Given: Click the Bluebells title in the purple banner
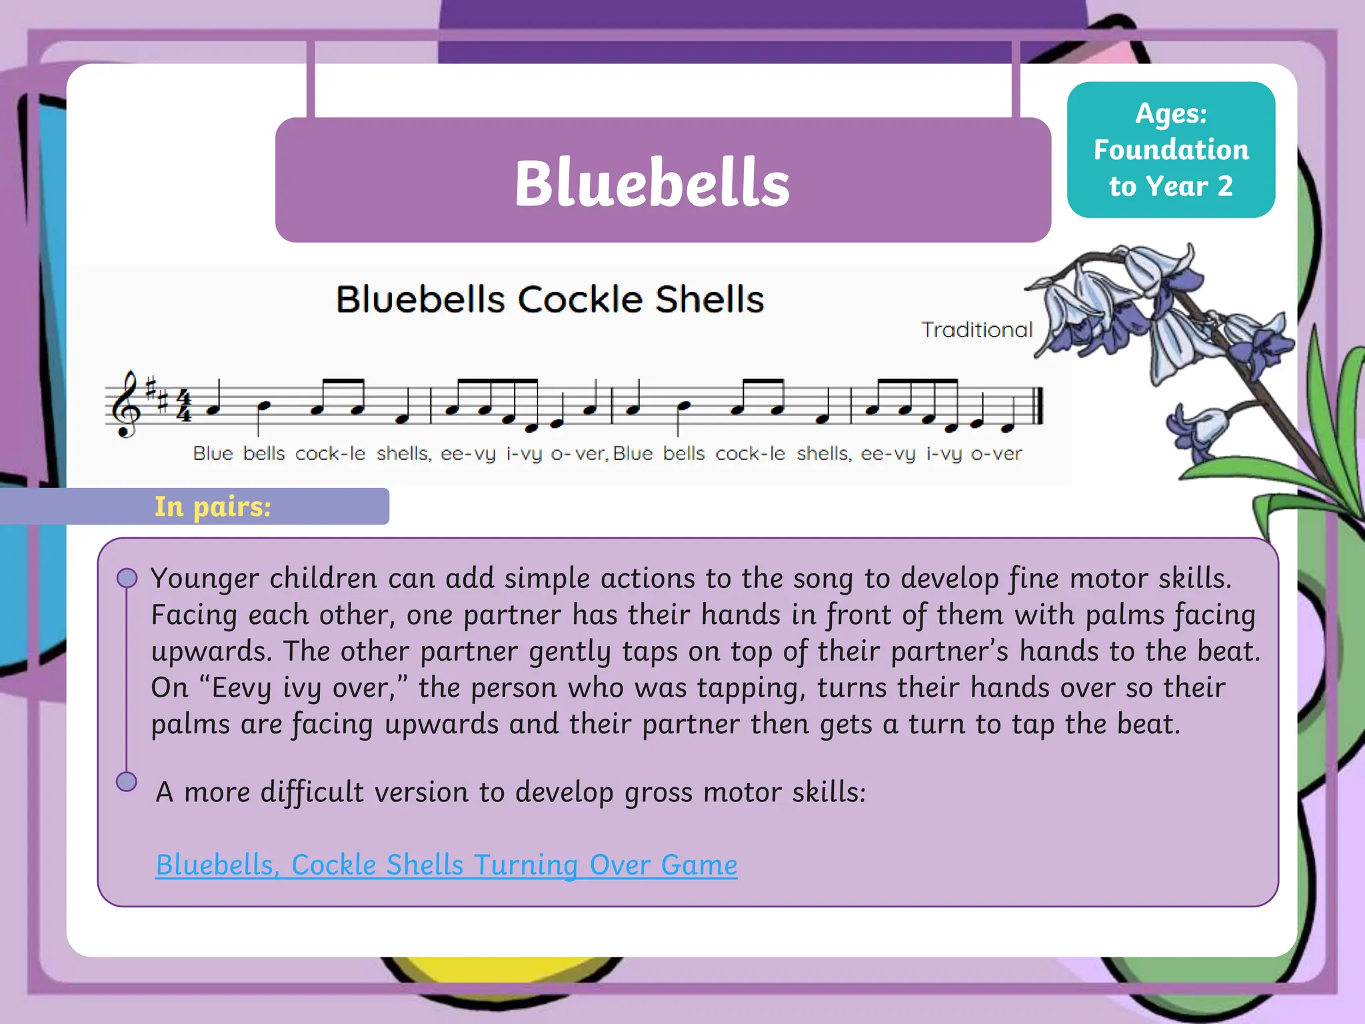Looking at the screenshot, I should pyautogui.click(x=652, y=183).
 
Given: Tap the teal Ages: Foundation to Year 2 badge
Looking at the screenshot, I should pyautogui.click(x=1170, y=150).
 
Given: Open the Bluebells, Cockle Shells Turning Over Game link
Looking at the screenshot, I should pyautogui.click(x=447, y=865).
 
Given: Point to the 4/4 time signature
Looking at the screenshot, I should pyautogui.click(x=184, y=405).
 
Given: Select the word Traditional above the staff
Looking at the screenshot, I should pyautogui.click(x=976, y=329).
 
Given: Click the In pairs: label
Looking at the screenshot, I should pyautogui.click(x=213, y=507).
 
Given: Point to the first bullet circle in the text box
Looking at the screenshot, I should pyautogui.click(x=127, y=578).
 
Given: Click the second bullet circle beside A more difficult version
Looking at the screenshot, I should pyautogui.click(x=127, y=781).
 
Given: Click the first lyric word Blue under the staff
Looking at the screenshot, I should pyautogui.click(x=213, y=454).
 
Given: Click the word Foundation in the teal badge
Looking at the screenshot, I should pyautogui.click(x=1171, y=150).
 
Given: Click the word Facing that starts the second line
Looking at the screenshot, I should pyautogui.click(x=193, y=615).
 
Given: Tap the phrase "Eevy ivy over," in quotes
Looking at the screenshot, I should pyautogui.click(x=303, y=688).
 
